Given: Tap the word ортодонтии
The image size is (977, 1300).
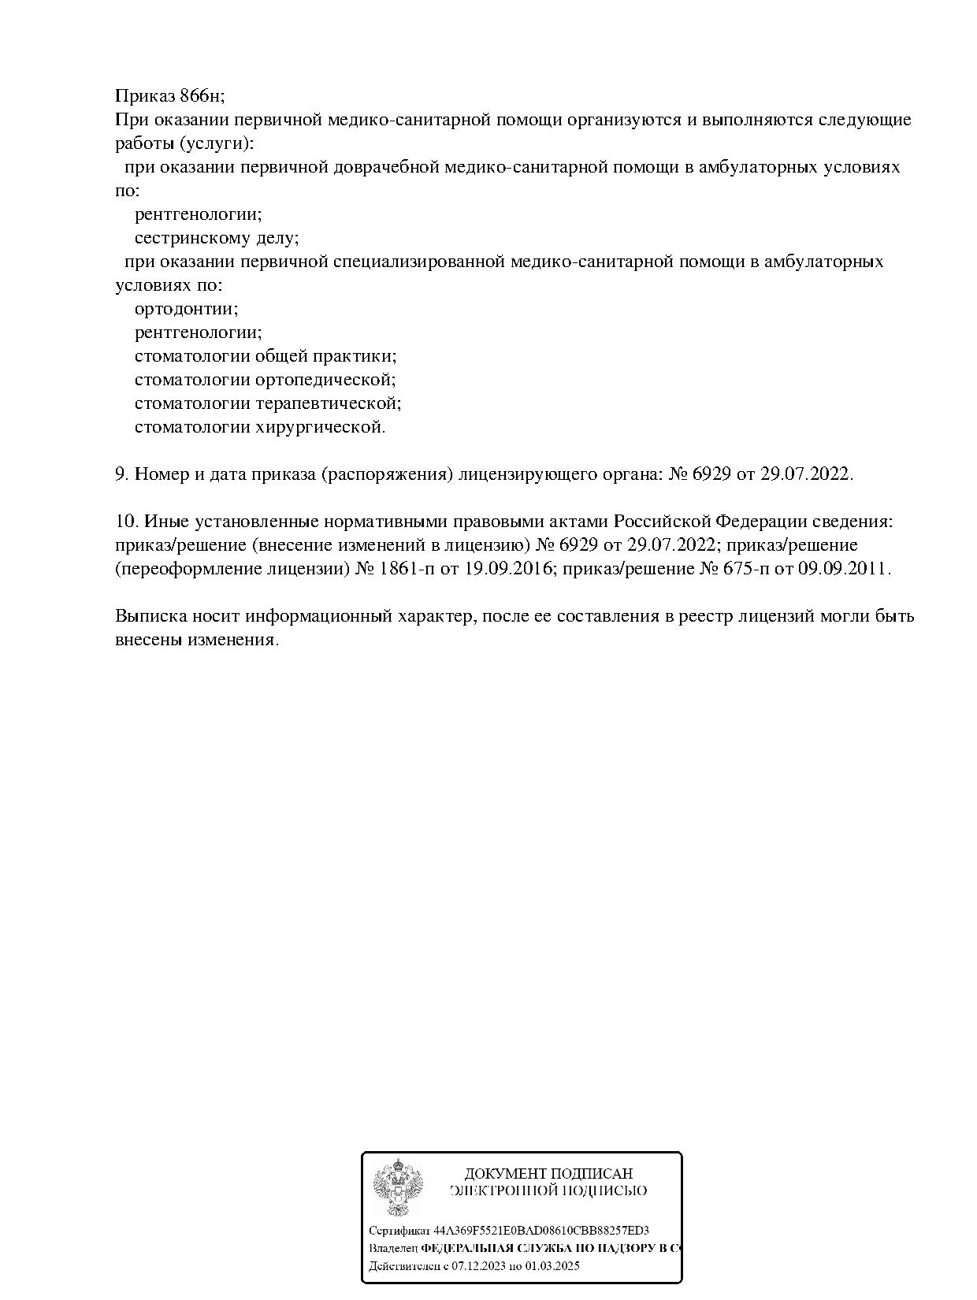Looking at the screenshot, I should click(x=186, y=309).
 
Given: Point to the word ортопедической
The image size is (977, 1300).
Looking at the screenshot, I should click(x=325, y=380).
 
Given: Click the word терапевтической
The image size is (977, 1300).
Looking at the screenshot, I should click(x=329, y=403).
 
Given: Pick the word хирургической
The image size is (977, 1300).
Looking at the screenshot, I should click(x=321, y=427).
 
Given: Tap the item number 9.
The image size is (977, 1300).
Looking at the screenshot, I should click(x=121, y=474).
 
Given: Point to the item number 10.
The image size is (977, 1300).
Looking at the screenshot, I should click(x=126, y=522).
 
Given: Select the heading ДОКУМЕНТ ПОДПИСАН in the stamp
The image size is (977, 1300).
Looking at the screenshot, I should click(x=548, y=1174).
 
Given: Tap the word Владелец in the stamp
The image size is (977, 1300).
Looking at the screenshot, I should click(x=393, y=1249).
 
